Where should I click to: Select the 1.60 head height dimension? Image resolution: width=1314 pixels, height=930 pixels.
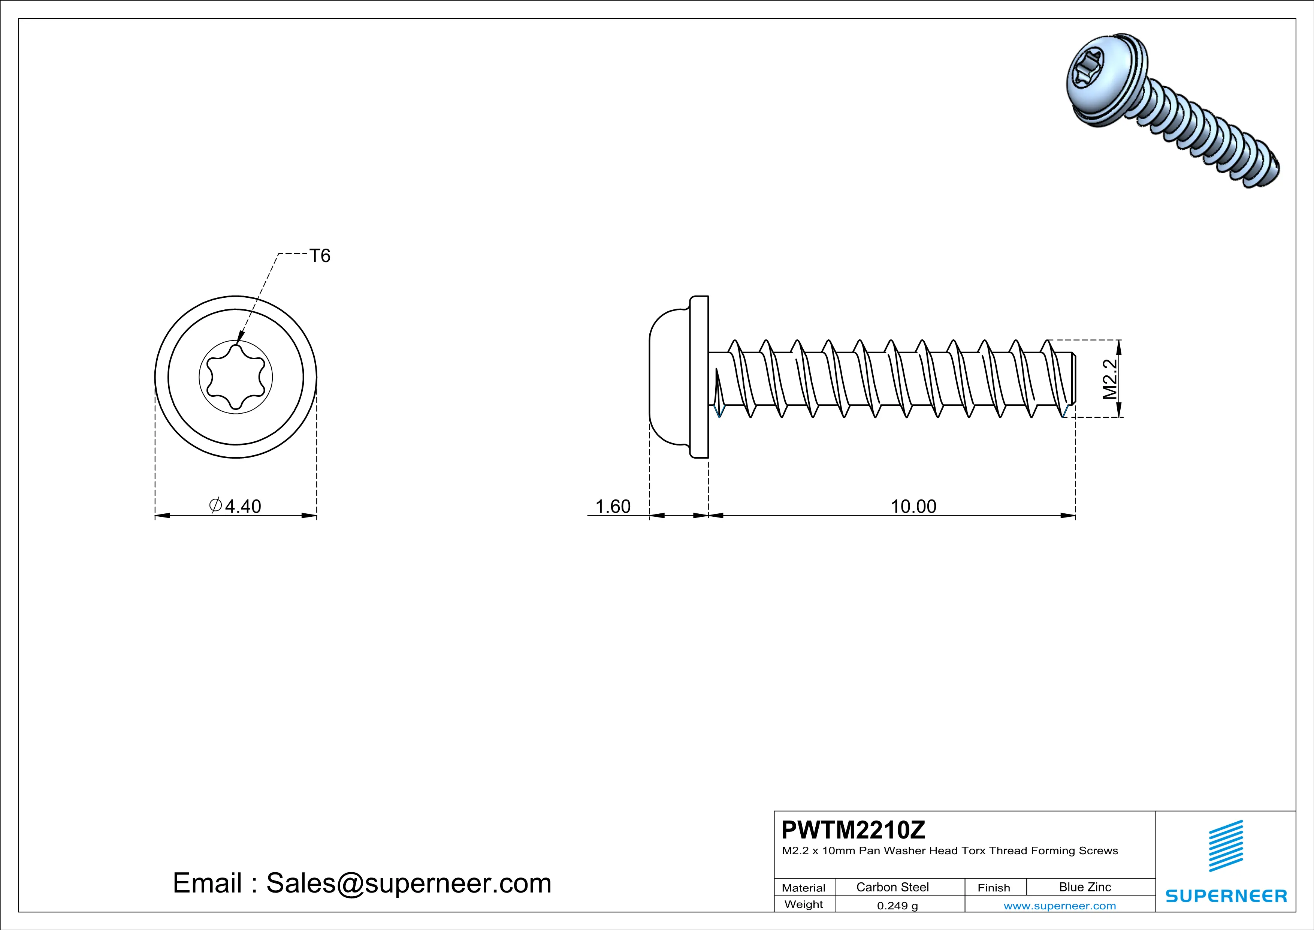[613, 506]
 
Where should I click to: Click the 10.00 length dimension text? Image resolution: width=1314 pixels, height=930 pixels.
[913, 506]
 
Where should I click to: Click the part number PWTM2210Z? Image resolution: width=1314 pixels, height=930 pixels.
[853, 830]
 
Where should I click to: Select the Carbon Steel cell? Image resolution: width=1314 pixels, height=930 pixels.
[892, 887]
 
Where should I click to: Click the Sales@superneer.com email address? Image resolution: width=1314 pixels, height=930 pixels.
[409, 883]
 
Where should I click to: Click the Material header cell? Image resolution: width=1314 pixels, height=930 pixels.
[804, 888]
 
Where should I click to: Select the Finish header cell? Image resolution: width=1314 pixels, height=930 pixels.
[994, 888]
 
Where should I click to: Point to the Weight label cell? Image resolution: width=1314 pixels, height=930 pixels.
[804, 904]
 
